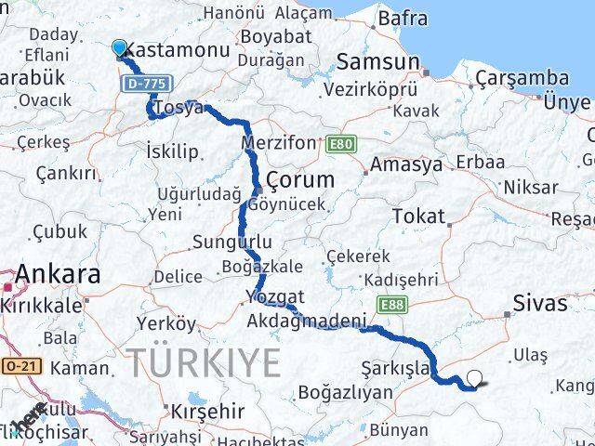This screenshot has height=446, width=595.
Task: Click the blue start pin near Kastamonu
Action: click(120, 48)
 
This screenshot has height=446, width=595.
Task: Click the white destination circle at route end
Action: click(475, 378)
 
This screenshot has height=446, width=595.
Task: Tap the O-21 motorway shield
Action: click(19, 367)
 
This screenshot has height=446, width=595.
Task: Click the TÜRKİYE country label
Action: click(204, 360)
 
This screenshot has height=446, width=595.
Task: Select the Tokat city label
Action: click(418, 216)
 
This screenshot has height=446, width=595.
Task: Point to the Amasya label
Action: click(405, 165)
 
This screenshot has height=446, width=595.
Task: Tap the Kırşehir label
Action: click(203, 410)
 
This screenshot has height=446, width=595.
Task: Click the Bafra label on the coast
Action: click(401, 18)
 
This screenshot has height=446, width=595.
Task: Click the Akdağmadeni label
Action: click(306, 321)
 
